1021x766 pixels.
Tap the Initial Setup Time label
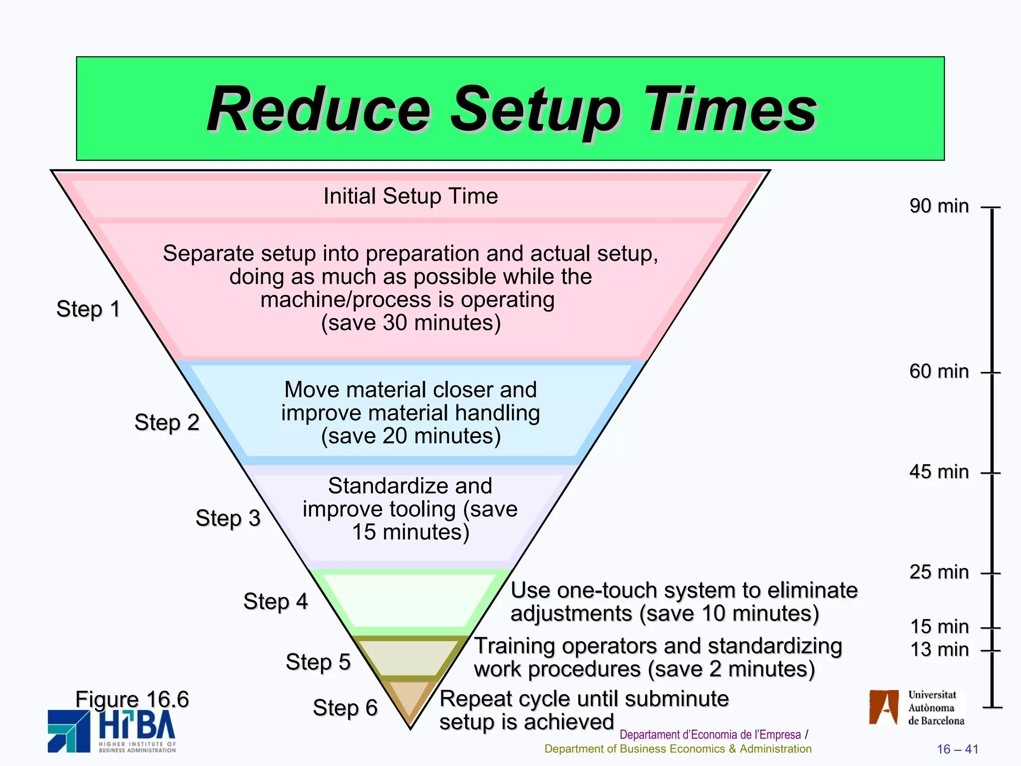410,196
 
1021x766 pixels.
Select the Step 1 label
88,309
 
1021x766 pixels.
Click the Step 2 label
167,422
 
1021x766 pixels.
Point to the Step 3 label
228,518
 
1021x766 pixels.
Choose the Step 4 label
275,601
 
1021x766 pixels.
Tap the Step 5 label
318,662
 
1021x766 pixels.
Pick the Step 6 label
345,708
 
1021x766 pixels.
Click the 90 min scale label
939,206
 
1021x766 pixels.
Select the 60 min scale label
939,372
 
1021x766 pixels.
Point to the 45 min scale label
939,472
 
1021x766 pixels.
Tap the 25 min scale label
939,572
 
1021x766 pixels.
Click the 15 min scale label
939,626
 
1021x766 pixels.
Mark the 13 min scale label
939,650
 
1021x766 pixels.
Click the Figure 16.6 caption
132,699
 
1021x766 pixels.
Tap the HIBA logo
112,731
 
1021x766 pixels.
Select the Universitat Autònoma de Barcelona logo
916,708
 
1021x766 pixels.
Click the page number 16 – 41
957,749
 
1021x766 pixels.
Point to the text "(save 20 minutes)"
410,436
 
